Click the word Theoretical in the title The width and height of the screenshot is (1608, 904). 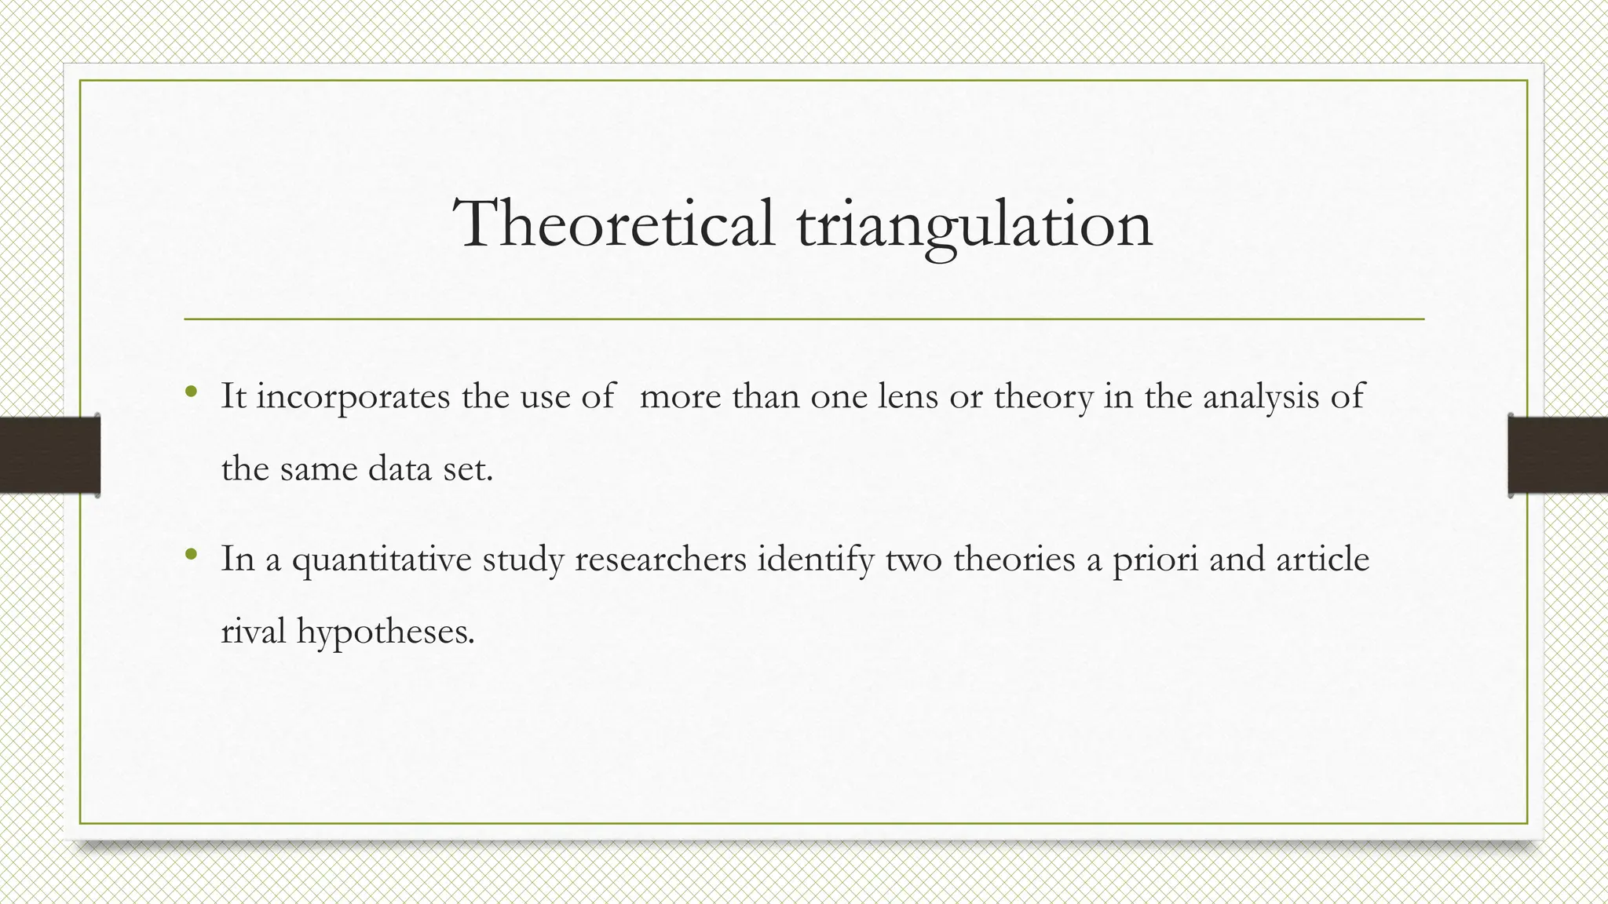pyautogui.click(x=613, y=224)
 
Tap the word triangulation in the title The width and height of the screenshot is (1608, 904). pyautogui.click(x=974, y=226)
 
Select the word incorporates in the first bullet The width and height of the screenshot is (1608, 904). pyautogui.click(x=353, y=397)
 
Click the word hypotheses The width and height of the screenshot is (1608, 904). pyautogui.click(x=386, y=632)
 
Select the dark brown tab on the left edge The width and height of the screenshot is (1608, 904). pyautogui.click(x=49, y=455)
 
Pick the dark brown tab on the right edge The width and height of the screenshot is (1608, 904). pyautogui.click(x=1558, y=455)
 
